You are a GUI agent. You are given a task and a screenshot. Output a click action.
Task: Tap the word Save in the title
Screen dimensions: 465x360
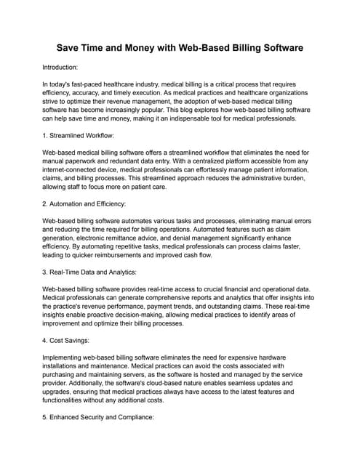73,49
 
